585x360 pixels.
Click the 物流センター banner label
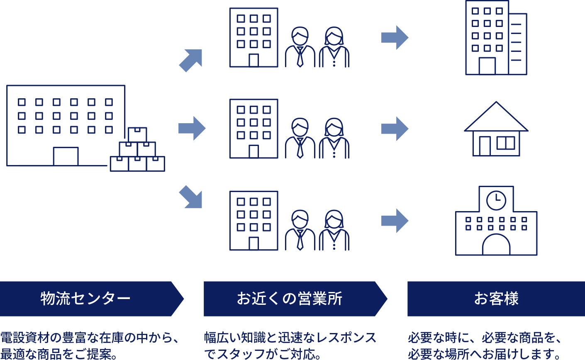click(85, 299)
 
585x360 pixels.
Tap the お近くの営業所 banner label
click(290, 299)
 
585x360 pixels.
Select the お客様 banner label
click(496, 299)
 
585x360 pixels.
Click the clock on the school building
click(496, 201)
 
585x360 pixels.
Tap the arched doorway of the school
click(496, 246)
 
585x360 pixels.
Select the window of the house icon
click(506, 143)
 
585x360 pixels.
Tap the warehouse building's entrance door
click(66, 157)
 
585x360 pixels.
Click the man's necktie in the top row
click(300, 57)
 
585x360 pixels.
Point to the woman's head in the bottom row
click(334, 219)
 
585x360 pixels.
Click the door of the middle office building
click(253, 151)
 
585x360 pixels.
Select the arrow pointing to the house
click(395, 129)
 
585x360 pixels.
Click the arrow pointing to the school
click(395, 221)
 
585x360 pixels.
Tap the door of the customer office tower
click(487, 66)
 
